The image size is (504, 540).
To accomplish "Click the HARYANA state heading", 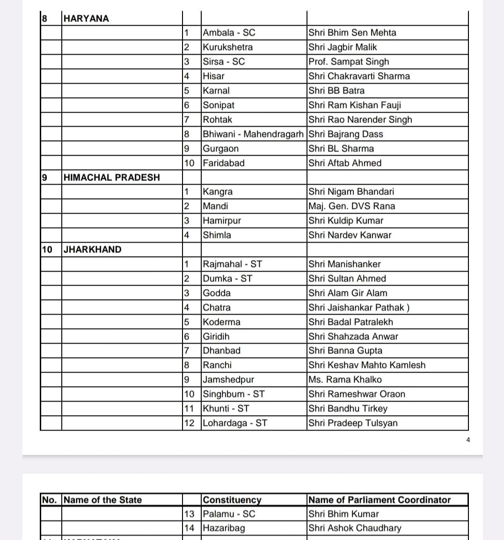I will click(86, 19).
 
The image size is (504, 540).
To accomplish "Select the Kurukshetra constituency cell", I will click(228, 47).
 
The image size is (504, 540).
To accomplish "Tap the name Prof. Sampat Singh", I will click(349, 62).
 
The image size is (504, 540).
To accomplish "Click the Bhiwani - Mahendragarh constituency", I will click(253, 134).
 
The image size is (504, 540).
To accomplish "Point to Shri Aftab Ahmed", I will click(345, 163).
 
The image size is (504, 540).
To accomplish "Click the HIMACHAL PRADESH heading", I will click(111, 178).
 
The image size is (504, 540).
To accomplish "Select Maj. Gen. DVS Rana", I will click(351, 206).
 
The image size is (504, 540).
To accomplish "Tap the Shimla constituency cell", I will click(217, 235).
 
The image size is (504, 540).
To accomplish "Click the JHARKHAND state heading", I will click(92, 250).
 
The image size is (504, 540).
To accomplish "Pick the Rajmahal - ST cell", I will click(233, 264).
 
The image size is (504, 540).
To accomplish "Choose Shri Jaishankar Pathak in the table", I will click(359, 308).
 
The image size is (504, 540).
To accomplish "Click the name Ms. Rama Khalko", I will click(345, 380).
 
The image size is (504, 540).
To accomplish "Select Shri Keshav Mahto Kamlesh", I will click(367, 365).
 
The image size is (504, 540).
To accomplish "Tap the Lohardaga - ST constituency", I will click(235, 423).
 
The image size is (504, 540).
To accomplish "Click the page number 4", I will click(468, 439).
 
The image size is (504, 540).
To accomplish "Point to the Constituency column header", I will click(232, 500).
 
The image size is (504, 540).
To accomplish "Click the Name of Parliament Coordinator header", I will click(380, 500).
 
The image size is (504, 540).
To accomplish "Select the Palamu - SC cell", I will click(229, 514).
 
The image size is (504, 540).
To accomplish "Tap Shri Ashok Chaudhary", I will click(355, 528).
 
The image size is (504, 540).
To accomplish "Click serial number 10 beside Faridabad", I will click(189, 163).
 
